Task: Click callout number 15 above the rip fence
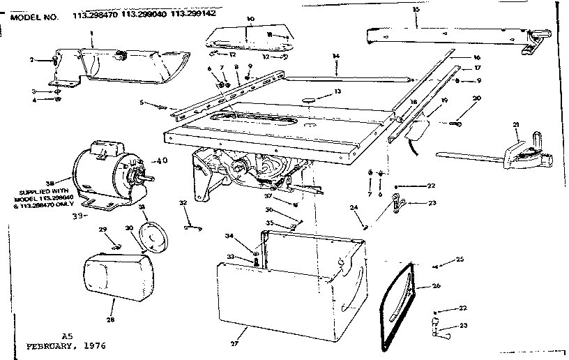pos(416,9)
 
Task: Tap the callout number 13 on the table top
pos(318,91)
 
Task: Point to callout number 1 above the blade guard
pos(91,33)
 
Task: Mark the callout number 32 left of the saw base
pos(183,203)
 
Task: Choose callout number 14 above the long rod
pos(336,56)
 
